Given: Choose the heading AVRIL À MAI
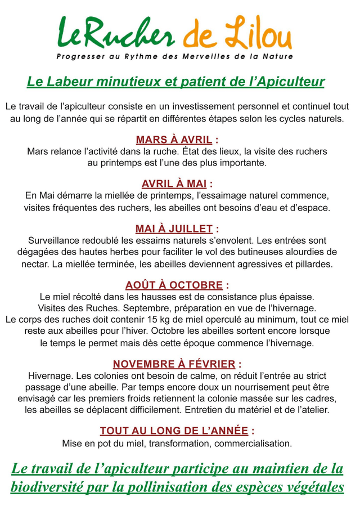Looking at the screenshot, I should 174,184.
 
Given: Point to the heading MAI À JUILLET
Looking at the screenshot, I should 174,229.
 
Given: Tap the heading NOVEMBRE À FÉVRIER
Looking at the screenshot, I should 174,364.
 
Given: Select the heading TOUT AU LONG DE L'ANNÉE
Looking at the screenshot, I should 174,431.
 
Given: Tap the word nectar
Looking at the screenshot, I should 34,263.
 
